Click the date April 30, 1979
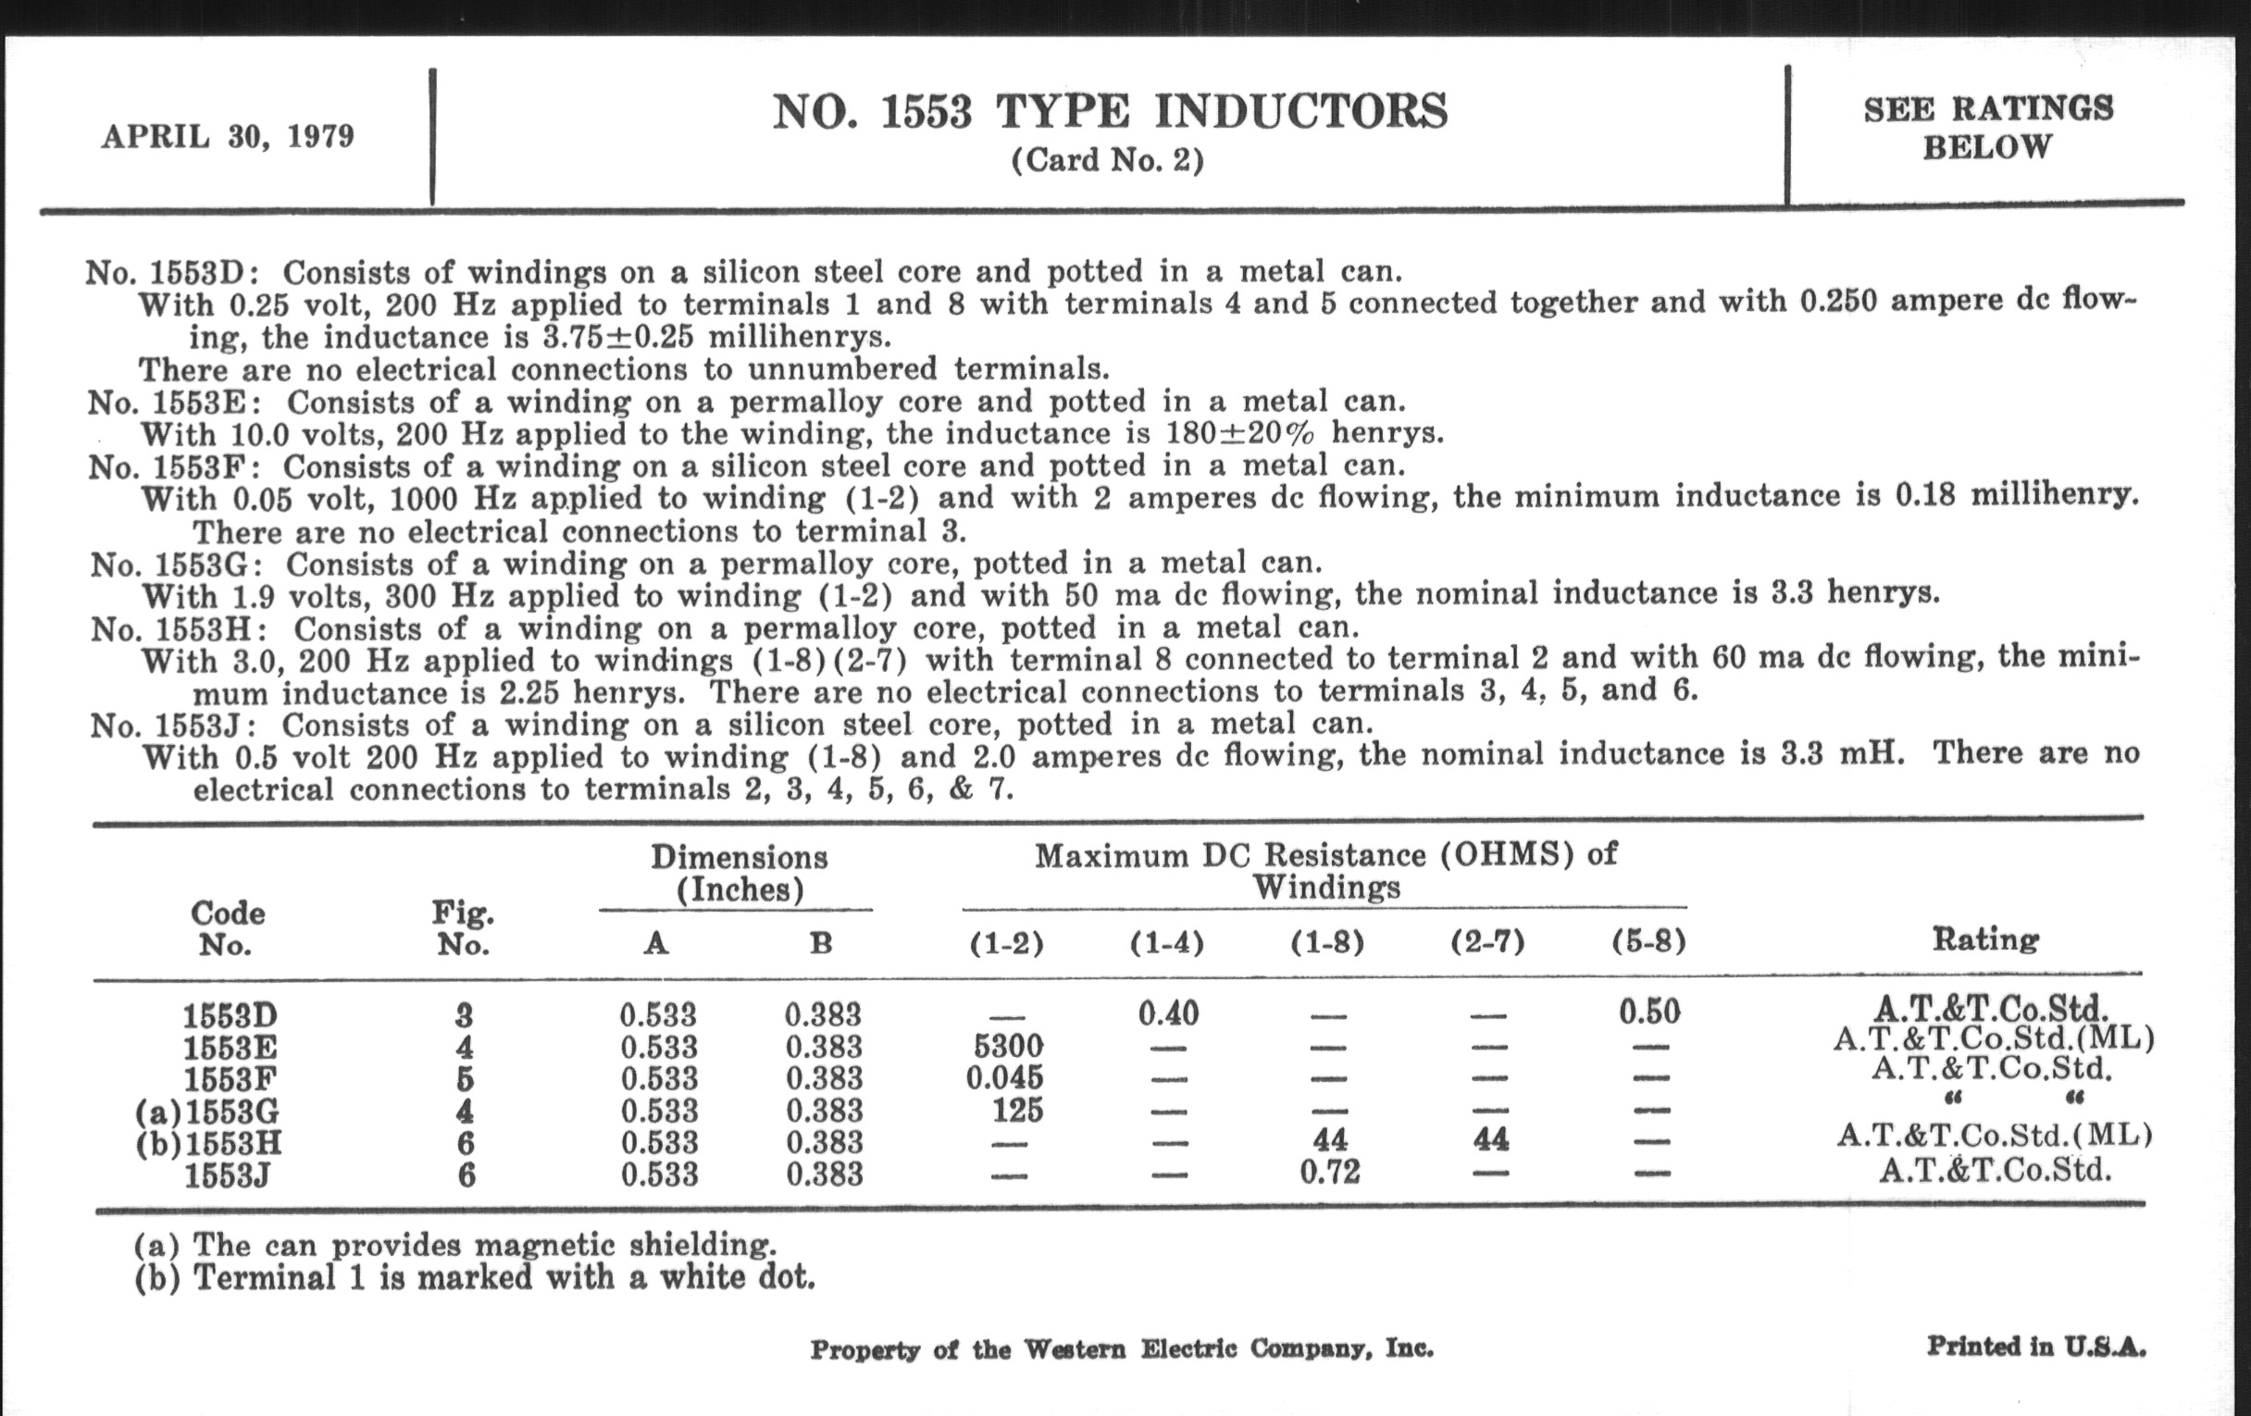(x=228, y=136)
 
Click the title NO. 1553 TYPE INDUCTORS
(x=1110, y=112)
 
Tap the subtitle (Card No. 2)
(x=1108, y=161)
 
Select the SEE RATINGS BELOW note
(x=1987, y=128)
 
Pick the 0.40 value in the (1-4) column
(x=1168, y=1012)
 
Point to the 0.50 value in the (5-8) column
(x=1650, y=1012)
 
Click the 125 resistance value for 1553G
(x=1017, y=1110)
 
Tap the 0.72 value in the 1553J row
(x=1329, y=1171)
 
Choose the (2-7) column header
(x=1487, y=942)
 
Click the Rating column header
(x=1985, y=938)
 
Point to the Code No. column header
(x=227, y=928)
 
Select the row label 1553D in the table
(x=230, y=1015)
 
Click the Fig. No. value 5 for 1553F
(x=465, y=1078)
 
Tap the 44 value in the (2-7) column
(x=1490, y=1138)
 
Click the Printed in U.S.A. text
(x=2036, y=1347)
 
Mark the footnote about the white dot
(x=475, y=1278)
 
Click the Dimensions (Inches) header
(x=739, y=873)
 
